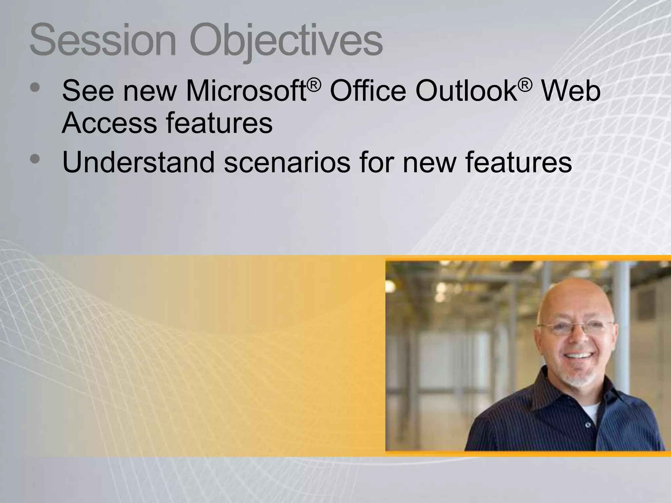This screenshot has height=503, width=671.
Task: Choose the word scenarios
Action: coord(287,163)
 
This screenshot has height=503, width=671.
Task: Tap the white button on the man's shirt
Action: coord(587,425)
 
